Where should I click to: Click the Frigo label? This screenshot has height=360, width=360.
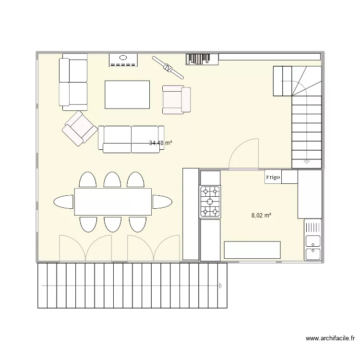pos(273,177)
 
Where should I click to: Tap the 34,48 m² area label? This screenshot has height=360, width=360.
pos(160,143)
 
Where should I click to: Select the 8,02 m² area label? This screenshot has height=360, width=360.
pos(261,216)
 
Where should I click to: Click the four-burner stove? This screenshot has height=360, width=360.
pos(210,201)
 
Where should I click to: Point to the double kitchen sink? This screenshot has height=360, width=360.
pos(313,245)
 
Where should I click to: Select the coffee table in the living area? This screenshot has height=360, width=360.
pos(127,95)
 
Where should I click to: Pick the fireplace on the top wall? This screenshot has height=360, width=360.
pos(123,60)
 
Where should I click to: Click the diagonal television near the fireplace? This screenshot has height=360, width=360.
pos(168,67)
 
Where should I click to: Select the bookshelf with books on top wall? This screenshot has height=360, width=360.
pos(202,59)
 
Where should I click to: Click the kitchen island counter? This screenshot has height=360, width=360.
pos(252,250)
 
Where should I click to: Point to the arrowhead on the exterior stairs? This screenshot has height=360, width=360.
pos(220,286)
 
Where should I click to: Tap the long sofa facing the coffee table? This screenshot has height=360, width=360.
pos(131,139)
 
